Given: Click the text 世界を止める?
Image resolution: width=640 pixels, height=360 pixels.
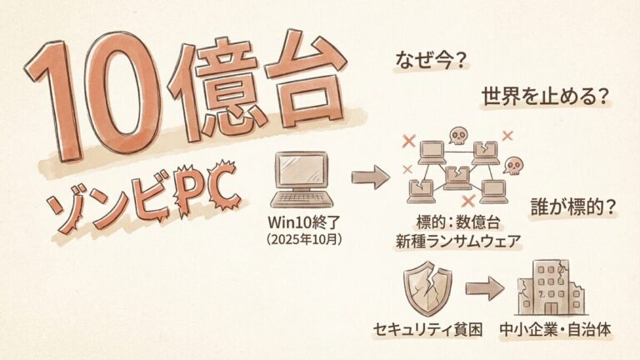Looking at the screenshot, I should point(542,97).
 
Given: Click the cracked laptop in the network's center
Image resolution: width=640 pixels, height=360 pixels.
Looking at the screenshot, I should point(457,176).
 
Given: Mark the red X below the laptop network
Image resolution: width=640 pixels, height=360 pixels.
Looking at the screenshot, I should point(467,201).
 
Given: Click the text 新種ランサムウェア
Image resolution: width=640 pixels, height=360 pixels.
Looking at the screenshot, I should point(458,242).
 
